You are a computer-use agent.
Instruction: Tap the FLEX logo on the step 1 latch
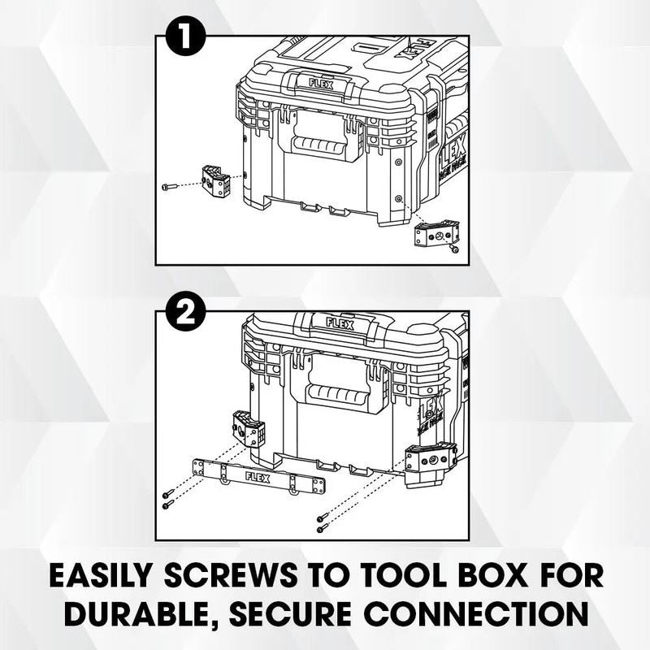[x=322, y=82]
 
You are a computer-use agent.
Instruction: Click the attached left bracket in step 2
[x=248, y=430]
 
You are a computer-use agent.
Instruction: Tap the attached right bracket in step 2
[x=428, y=462]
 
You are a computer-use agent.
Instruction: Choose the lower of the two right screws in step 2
[x=323, y=528]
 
